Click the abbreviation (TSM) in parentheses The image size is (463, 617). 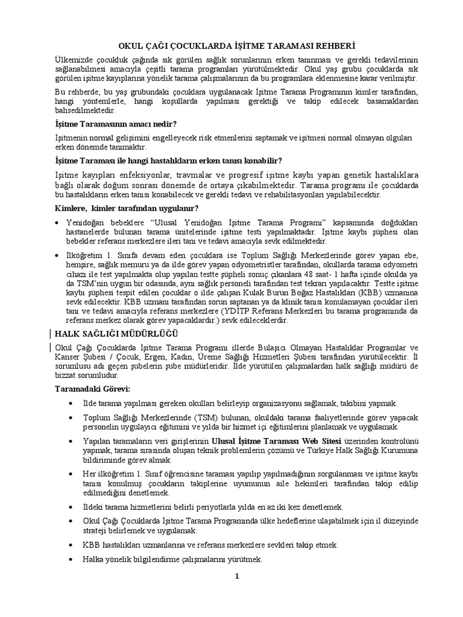(183, 417)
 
